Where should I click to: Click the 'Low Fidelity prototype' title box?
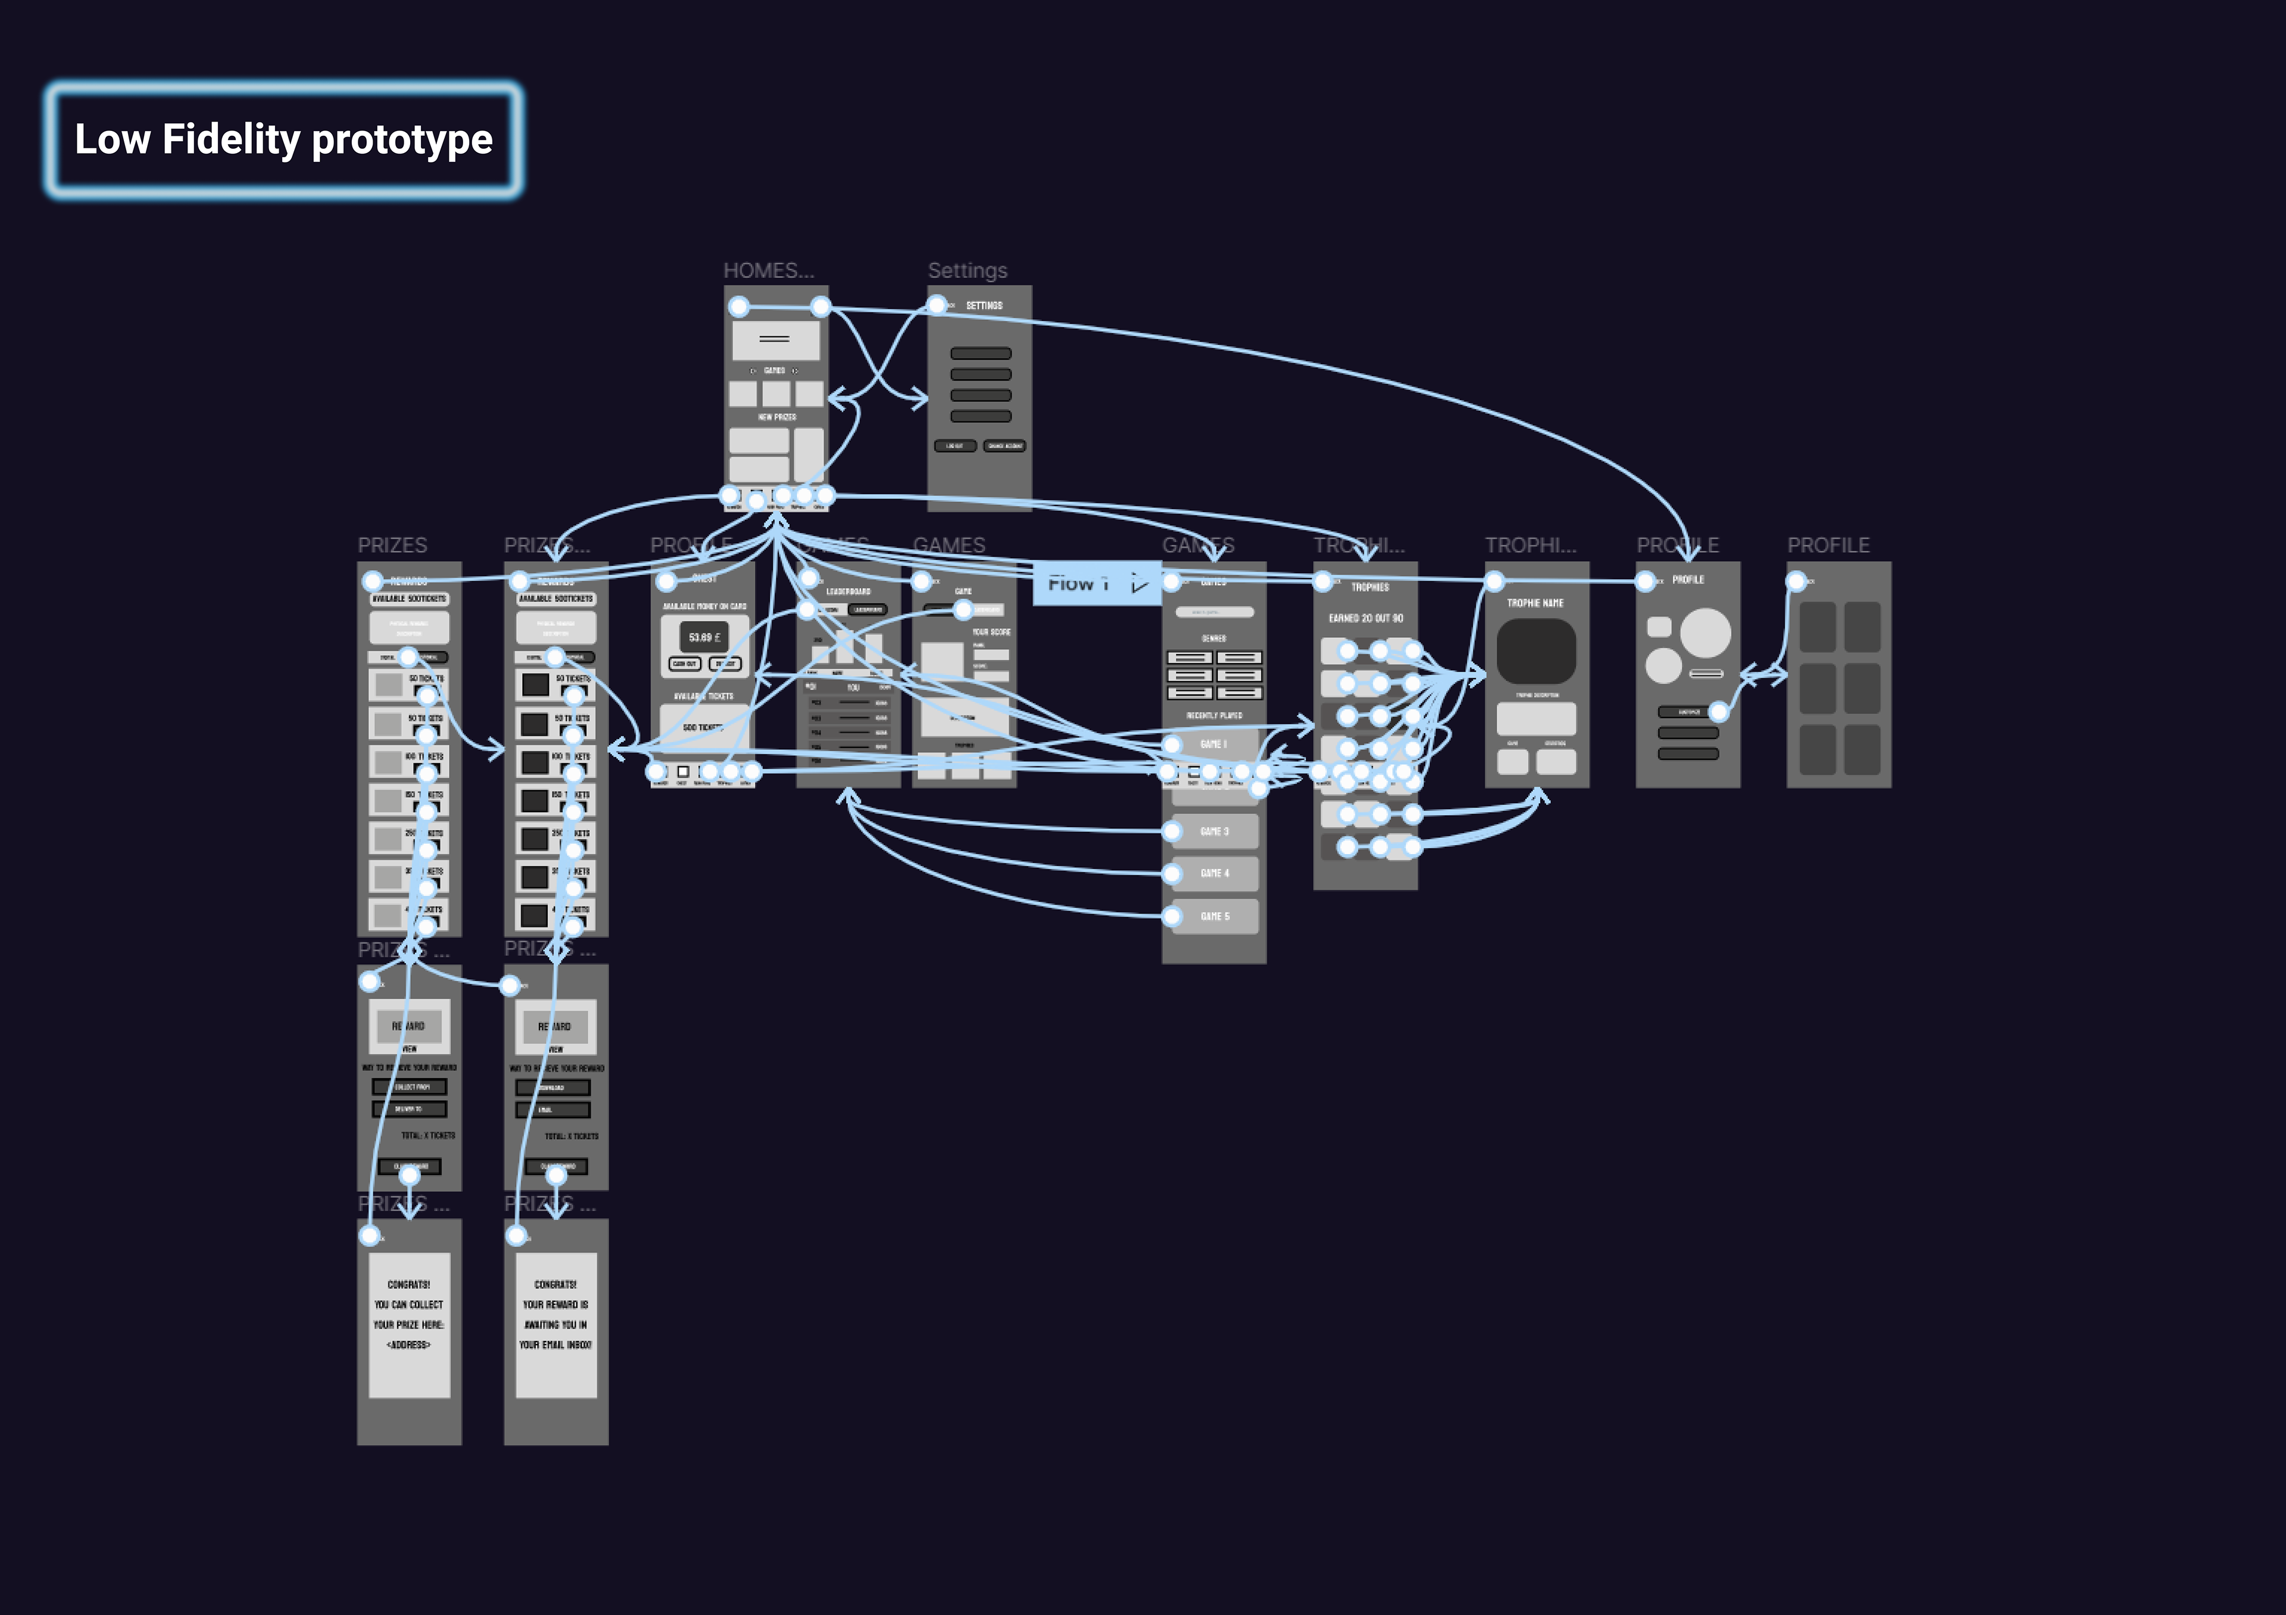pyautogui.click(x=284, y=139)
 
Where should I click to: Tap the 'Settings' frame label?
pyautogui.click(x=967, y=271)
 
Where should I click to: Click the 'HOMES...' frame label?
pyautogui.click(x=767, y=271)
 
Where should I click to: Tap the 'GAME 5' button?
pyautogui.click(x=1214, y=916)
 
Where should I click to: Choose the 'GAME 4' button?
pyautogui.click(x=1214, y=873)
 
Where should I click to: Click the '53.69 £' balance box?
pyautogui.click(x=705, y=637)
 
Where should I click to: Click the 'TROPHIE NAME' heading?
pyautogui.click(x=1535, y=603)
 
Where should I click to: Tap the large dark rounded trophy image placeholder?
pyautogui.click(x=1537, y=652)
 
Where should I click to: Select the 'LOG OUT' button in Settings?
pyautogui.click(x=955, y=446)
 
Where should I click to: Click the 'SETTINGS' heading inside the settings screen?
pyautogui.click(x=983, y=305)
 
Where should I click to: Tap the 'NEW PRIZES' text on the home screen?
pyautogui.click(x=777, y=417)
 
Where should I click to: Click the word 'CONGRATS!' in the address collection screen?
pyautogui.click(x=409, y=1284)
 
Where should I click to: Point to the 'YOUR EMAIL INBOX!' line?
pyautogui.click(x=555, y=1345)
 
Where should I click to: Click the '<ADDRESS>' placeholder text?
pyautogui.click(x=409, y=1345)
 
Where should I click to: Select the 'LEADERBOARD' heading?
pyautogui.click(x=848, y=591)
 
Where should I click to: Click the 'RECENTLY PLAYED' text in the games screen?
pyautogui.click(x=1214, y=716)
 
